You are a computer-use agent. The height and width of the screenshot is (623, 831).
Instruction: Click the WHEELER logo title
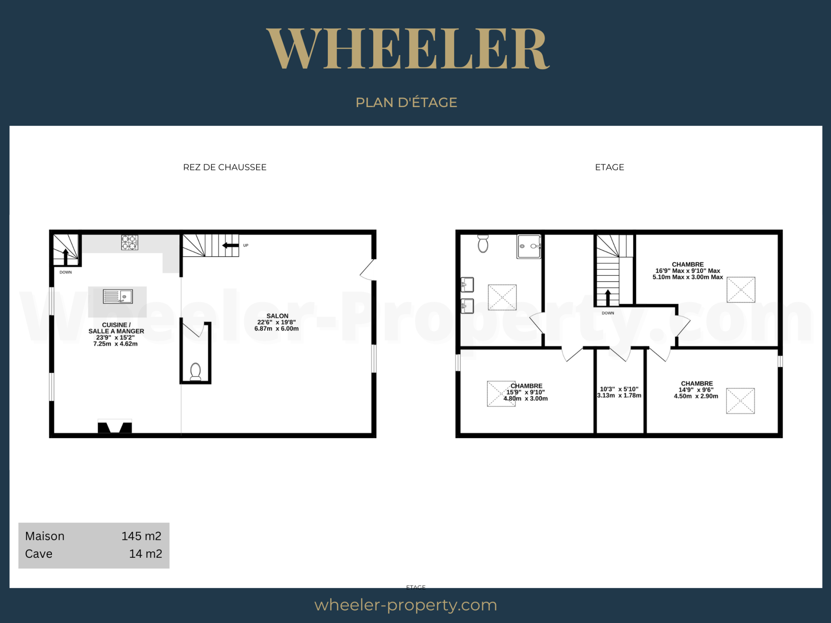(x=408, y=49)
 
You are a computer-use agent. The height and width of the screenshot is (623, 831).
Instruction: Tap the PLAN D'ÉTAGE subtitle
(x=406, y=102)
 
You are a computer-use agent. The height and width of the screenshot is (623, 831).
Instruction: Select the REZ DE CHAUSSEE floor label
(x=225, y=167)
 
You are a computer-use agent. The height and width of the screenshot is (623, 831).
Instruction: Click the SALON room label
(x=278, y=316)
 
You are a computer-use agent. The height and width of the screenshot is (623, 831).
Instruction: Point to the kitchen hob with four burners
(x=129, y=243)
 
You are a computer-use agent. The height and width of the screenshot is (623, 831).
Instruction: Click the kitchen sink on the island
(x=118, y=296)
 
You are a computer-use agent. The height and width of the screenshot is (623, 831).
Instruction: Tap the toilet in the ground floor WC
(x=196, y=372)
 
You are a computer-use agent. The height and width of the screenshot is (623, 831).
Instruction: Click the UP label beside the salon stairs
(x=245, y=245)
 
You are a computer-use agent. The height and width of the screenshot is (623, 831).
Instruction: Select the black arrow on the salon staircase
(x=230, y=245)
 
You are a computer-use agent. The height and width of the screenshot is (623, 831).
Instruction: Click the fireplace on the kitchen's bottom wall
(x=115, y=427)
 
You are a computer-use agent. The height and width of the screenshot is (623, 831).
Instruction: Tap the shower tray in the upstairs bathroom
(x=529, y=246)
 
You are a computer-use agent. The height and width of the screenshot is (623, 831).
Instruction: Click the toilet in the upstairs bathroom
(x=483, y=243)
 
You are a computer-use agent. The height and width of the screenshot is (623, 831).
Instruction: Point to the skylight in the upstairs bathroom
(x=502, y=297)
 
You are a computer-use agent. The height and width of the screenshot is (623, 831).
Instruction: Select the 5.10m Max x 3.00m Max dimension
(x=688, y=277)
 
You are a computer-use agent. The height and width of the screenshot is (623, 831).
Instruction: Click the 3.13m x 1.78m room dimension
(x=619, y=395)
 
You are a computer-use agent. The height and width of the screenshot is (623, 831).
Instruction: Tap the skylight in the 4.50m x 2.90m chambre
(x=740, y=401)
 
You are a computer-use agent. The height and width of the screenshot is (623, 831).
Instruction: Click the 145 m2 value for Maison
(x=141, y=536)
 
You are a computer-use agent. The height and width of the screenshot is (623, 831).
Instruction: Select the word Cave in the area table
(x=39, y=554)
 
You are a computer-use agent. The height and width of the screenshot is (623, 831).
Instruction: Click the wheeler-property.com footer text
(x=406, y=605)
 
